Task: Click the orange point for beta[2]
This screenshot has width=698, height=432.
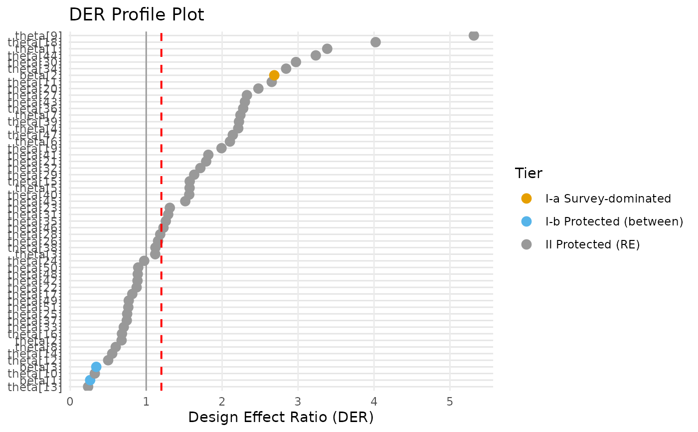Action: point(274,75)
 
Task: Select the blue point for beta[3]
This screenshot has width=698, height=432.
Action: point(96,367)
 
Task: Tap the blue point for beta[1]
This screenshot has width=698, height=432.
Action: point(90,380)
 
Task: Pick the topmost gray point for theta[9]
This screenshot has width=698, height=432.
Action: point(474,35)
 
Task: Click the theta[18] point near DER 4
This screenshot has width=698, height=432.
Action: point(376,42)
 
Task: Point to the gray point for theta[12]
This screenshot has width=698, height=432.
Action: point(108,360)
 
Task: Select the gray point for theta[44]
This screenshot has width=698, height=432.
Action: point(316,55)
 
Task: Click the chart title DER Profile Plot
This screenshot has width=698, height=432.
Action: point(136,14)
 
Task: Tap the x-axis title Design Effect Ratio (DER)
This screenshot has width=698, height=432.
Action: point(281,417)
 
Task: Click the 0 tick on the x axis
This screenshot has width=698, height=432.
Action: point(70,401)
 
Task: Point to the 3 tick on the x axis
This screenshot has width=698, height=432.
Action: point(298,401)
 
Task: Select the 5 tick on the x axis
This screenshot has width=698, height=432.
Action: point(450,401)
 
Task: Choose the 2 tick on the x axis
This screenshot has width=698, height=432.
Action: point(222,401)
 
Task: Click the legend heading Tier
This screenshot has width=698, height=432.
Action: point(528,174)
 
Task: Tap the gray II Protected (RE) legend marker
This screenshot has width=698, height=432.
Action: point(526,244)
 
